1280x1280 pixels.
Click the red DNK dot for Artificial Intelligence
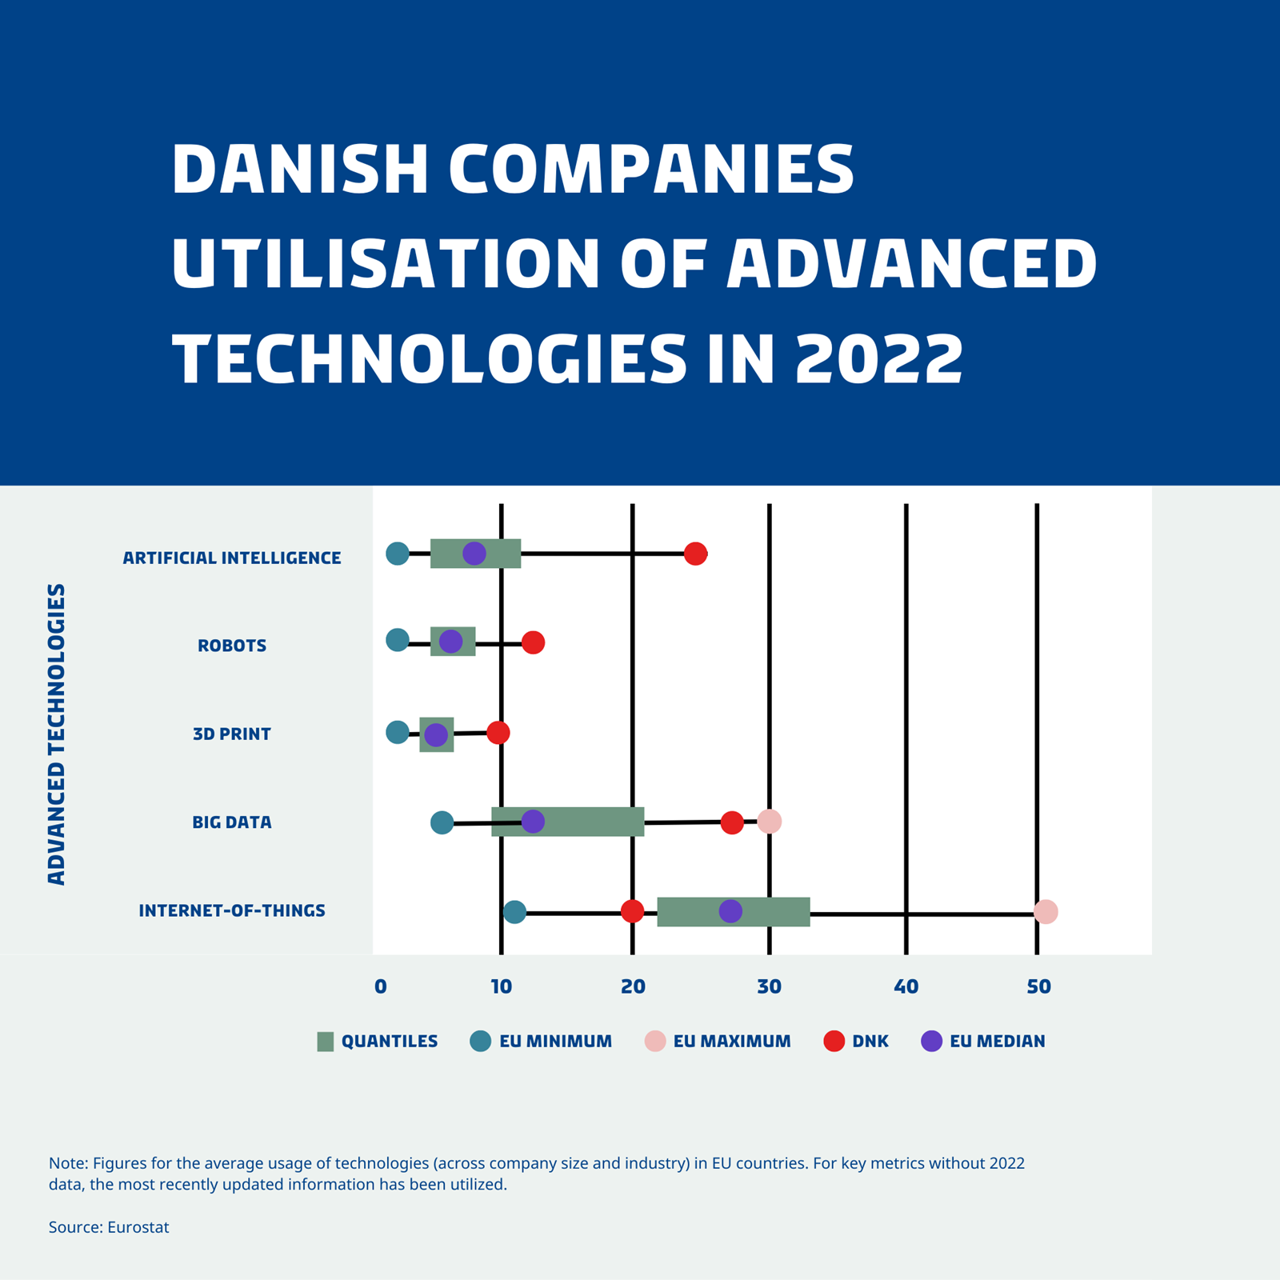[695, 553]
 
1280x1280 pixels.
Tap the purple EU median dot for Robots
[450, 641]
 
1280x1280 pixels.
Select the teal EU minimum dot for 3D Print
[398, 731]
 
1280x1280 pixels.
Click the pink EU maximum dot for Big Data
[769, 821]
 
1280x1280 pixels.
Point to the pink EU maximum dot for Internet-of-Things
[1046, 911]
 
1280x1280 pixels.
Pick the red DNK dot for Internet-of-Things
[632, 910]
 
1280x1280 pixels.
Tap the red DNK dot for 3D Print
[498, 732]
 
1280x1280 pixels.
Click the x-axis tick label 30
[769, 986]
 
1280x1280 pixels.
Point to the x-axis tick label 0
[381, 986]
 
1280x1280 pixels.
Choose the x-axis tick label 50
[1038, 986]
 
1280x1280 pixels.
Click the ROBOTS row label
[232, 646]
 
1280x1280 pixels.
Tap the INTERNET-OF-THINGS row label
[232, 910]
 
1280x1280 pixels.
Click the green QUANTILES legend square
[325, 1041]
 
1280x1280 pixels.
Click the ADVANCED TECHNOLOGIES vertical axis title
[56, 734]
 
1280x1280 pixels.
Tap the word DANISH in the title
[300, 170]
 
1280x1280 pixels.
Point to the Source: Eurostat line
[109, 1227]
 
